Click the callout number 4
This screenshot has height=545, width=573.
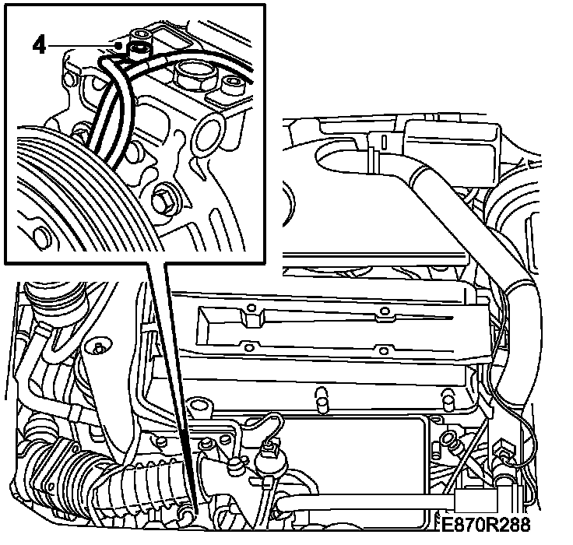click(39, 46)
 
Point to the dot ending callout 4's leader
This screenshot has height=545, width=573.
click(118, 46)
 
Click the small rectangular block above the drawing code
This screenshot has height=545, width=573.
click(476, 501)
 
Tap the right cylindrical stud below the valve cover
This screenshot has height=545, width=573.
click(448, 401)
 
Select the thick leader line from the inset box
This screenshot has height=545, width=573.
click(171, 389)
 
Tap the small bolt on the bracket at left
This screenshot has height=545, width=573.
click(99, 347)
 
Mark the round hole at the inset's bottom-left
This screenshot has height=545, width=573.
click(41, 238)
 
